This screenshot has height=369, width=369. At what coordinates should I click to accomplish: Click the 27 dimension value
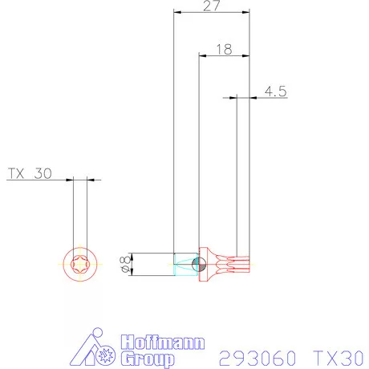[x=212, y=6]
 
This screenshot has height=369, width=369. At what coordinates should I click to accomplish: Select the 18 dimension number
[x=224, y=49]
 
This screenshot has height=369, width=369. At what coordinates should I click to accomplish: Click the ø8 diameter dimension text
[x=124, y=263]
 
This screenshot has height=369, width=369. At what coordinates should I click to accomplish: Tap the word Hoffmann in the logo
[x=160, y=341]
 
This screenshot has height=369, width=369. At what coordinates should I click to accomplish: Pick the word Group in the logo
[x=148, y=357]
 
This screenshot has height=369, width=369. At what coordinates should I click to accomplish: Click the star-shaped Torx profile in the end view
[x=79, y=263]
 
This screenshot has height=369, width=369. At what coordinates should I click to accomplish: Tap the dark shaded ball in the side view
[x=201, y=263]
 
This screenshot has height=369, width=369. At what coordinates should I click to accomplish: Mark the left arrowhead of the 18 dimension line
[x=202, y=55]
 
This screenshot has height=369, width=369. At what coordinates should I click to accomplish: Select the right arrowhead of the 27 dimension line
[x=246, y=13]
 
